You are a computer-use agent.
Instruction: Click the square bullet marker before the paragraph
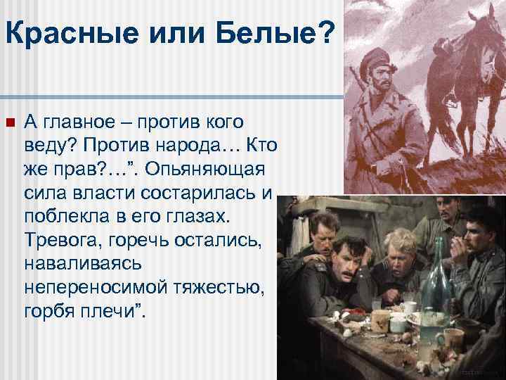coord(9,123)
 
